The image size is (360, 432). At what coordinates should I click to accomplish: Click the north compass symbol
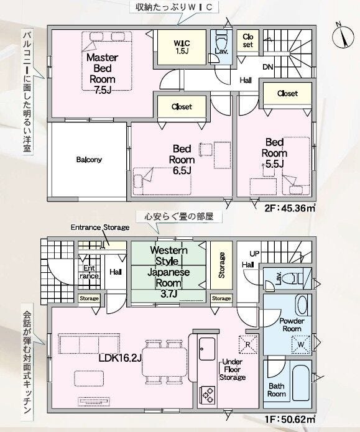tap(343, 37)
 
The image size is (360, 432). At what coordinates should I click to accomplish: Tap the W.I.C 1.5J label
tap(182, 47)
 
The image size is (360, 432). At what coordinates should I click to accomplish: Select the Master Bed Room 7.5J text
tap(102, 73)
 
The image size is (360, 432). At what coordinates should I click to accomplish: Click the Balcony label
tap(89, 160)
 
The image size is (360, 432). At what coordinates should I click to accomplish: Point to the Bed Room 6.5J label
tap(182, 160)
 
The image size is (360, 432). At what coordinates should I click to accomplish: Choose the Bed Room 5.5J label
tap(274, 153)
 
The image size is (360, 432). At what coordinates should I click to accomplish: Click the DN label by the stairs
tap(267, 67)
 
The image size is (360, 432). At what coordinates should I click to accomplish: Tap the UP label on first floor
tap(254, 253)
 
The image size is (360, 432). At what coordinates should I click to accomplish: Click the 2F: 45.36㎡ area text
tap(290, 208)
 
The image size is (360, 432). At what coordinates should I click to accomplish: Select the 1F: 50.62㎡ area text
tap(290, 420)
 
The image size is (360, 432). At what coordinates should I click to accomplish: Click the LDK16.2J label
tap(120, 358)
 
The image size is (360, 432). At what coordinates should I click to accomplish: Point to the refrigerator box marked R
tap(248, 344)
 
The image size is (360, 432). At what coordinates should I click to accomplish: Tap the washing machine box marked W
tap(301, 344)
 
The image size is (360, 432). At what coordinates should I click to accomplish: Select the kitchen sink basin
tap(207, 349)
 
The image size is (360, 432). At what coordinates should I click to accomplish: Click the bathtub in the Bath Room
tap(301, 383)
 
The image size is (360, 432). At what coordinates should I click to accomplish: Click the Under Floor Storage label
tap(233, 369)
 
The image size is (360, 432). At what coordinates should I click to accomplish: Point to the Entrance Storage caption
tap(100, 227)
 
